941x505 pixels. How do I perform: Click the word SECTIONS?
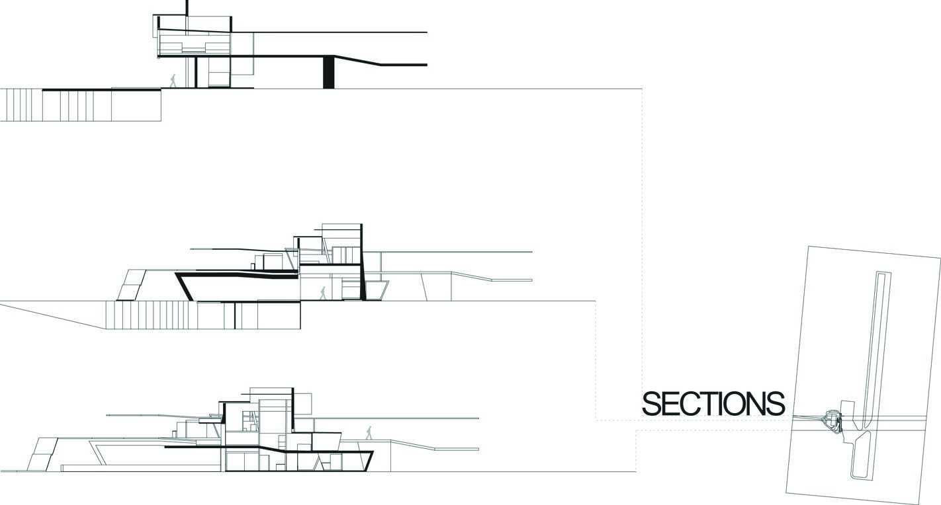(x=713, y=404)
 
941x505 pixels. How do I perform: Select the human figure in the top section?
(x=173, y=81)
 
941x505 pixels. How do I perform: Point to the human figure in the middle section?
(x=323, y=293)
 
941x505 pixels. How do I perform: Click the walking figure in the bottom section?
(x=369, y=433)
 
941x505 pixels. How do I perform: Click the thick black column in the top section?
(x=328, y=72)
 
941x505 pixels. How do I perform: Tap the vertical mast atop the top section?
(x=187, y=8)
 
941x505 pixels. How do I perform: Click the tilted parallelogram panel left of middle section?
(x=132, y=285)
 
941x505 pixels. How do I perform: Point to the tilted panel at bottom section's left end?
(x=42, y=454)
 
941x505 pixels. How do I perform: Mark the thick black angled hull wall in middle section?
(x=185, y=287)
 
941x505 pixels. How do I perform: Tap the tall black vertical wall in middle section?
(x=362, y=262)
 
